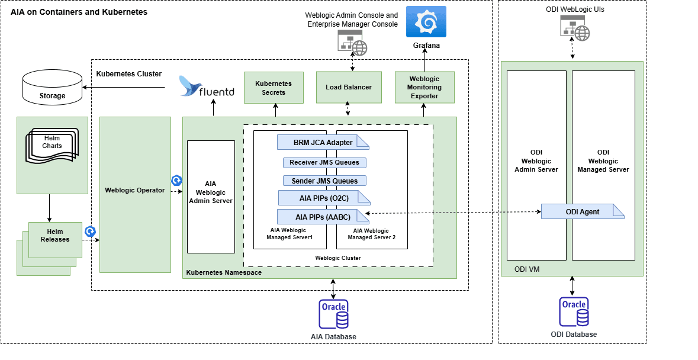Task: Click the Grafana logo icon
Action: click(x=426, y=22)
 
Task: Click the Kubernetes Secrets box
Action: click(x=274, y=88)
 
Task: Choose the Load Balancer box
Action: click(x=349, y=87)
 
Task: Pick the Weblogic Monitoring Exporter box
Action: click(x=424, y=88)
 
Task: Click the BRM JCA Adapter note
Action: click(x=323, y=142)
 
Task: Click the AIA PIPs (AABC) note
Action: click(x=323, y=217)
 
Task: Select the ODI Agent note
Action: click(x=582, y=212)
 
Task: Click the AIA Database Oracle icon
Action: click(x=334, y=314)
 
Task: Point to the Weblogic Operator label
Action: click(x=135, y=190)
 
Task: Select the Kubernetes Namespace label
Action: click(x=224, y=272)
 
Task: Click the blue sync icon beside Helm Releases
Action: click(x=91, y=232)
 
